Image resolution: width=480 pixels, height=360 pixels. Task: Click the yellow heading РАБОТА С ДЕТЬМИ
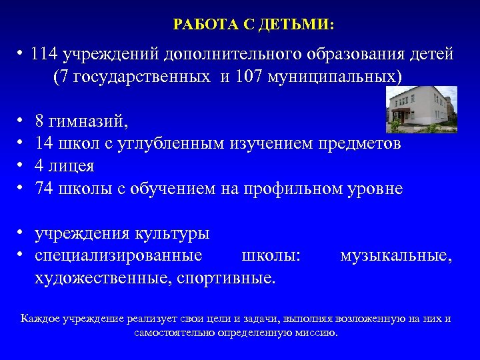click(254, 25)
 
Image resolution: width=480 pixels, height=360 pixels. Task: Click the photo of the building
click(421, 109)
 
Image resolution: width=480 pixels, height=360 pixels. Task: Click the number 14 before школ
click(45, 143)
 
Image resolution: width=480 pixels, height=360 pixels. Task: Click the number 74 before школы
click(45, 189)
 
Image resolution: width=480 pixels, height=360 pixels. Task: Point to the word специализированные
click(119, 255)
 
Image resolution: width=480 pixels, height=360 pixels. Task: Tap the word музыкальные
click(396, 255)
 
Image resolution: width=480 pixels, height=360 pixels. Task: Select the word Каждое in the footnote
click(41, 319)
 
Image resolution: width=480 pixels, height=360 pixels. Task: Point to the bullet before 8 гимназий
click(22, 122)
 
